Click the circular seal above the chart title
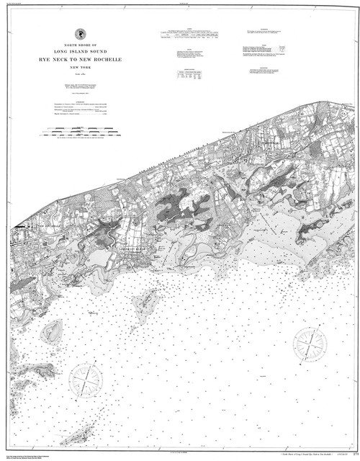pos(79,34)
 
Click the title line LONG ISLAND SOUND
pos(79,51)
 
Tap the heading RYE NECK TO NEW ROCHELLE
pos(79,59)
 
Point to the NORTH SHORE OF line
pos(79,45)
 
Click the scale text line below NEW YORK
pos(79,73)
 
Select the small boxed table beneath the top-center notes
pos(190,76)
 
